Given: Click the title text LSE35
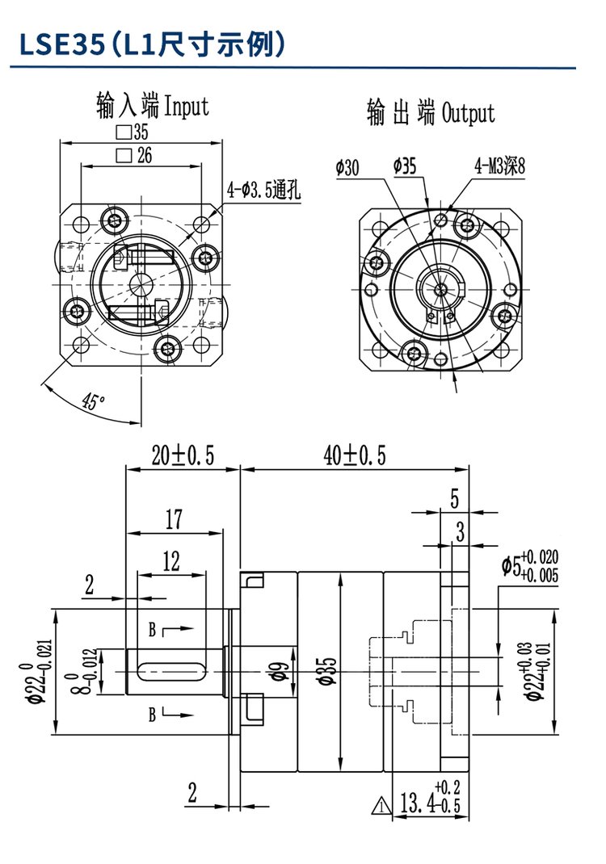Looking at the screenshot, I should pos(61,44).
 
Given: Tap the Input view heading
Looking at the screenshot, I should pos(152,106).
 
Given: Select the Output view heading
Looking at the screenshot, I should pos(430,112).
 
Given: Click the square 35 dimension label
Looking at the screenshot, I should pos(133,132).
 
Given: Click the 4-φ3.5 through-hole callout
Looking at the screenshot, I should pos(264,191).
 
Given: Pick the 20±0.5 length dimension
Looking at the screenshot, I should pos(183,457).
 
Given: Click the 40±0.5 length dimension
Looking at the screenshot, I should pos(355,457).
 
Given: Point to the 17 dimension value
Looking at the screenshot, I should pos(174,520).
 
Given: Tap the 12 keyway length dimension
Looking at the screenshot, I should pos(171,561).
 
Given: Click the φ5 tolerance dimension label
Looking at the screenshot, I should pos(529,566).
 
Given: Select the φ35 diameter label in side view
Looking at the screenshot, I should pos(326,669).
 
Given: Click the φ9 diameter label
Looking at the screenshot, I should pos(275,669).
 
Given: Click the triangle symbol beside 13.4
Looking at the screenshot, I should pos(381,804).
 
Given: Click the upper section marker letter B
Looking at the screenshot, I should pos(151,627).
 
